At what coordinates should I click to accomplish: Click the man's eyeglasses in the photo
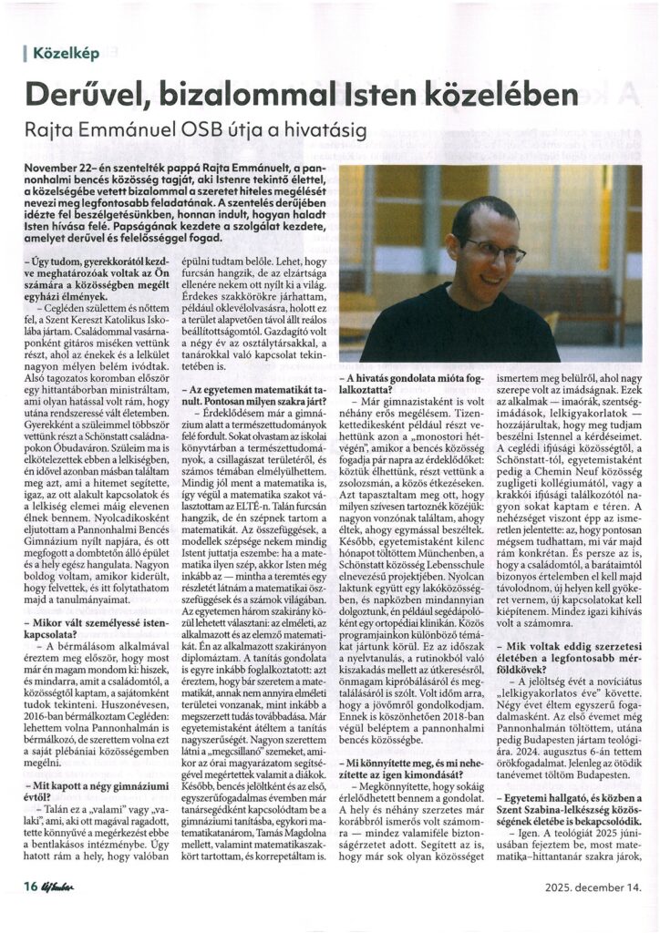(x=492, y=249)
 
